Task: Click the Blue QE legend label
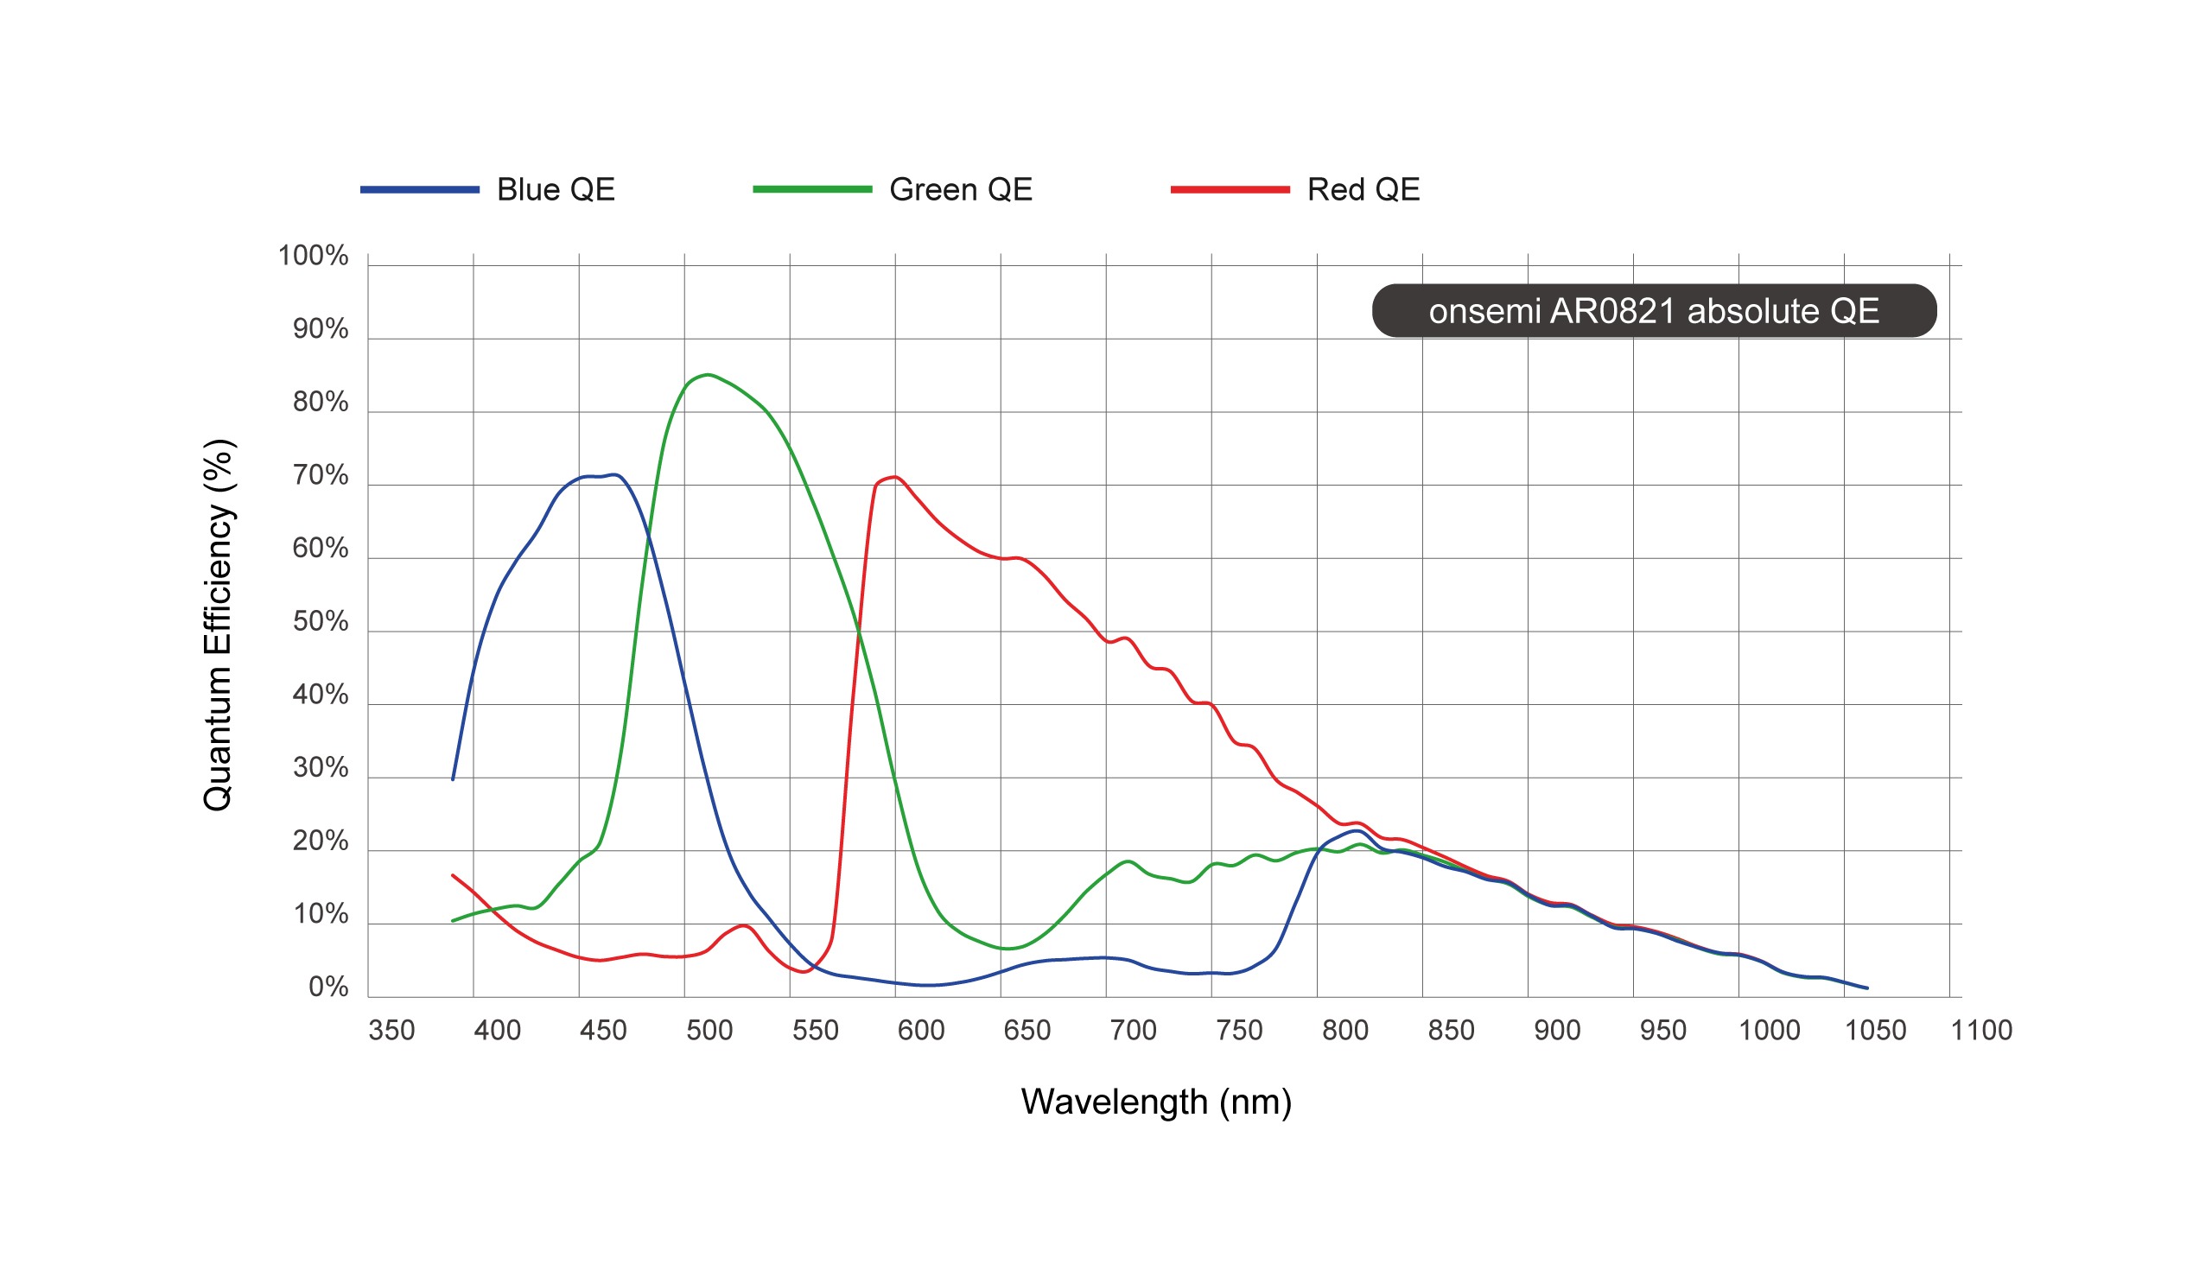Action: coord(555,189)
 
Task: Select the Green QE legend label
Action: coord(960,189)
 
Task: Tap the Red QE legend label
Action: coord(1363,189)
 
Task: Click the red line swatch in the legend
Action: coord(1229,189)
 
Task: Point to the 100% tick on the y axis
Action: coord(313,257)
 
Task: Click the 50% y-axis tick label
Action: coord(320,622)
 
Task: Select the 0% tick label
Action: coord(327,988)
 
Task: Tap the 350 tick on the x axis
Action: coord(391,1030)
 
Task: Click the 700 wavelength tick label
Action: coord(1132,1030)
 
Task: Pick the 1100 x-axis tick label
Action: coord(1980,1030)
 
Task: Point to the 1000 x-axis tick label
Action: coord(1769,1030)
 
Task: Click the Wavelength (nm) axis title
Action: coord(1155,1102)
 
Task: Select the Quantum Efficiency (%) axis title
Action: coord(218,625)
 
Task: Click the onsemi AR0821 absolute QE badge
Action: coord(1653,311)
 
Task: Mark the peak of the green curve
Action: coord(708,375)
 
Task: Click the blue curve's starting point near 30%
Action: coord(453,779)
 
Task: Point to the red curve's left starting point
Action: coord(453,875)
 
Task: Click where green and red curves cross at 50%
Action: coord(858,631)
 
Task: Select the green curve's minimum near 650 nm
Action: coord(1009,949)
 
